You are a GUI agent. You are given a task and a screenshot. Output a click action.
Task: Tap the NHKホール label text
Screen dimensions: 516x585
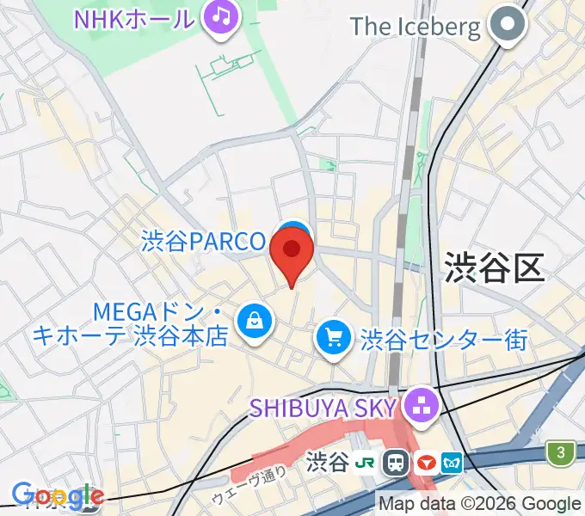click(134, 17)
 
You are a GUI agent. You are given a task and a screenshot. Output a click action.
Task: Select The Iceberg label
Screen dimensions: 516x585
click(416, 27)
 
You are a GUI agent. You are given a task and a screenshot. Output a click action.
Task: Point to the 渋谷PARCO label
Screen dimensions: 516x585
click(205, 242)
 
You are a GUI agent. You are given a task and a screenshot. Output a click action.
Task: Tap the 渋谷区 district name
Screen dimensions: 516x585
click(495, 267)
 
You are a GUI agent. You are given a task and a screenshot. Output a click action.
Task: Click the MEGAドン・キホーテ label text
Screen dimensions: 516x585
click(129, 322)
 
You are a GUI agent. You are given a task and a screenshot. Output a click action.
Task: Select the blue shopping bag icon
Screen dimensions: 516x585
click(256, 322)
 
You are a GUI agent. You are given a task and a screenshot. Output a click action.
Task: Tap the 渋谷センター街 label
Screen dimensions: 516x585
click(444, 340)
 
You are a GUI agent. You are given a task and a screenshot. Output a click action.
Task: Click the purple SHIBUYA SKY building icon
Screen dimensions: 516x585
click(422, 405)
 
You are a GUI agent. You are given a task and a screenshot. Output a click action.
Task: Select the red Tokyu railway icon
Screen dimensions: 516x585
click(425, 464)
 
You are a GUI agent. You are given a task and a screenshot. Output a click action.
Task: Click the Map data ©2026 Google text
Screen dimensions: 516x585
click(480, 504)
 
